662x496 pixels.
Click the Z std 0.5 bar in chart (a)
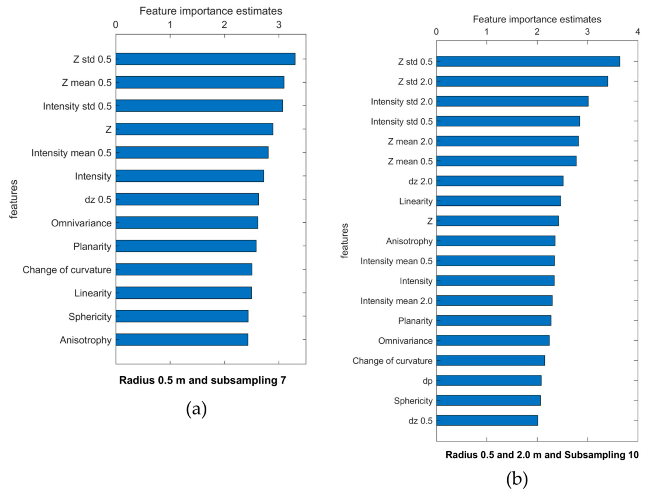click(x=205, y=59)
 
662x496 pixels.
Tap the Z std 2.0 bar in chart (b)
click(x=522, y=81)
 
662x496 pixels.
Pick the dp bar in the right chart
click(x=488, y=380)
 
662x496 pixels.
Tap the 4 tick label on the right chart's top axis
click(x=637, y=32)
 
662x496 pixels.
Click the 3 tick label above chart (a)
click(x=279, y=25)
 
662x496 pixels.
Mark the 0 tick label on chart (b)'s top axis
click(x=436, y=32)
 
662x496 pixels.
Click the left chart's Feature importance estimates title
click(x=211, y=11)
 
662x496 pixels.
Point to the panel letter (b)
click(x=517, y=478)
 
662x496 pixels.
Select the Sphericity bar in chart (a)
click(x=182, y=316)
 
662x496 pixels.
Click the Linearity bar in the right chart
click(x=498, y=201)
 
